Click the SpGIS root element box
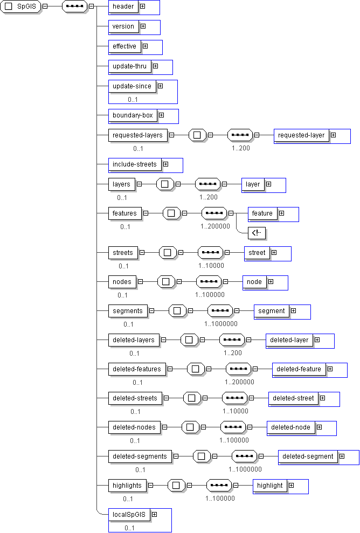click(21, 6)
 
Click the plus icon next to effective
click(145, 46)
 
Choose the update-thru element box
click(129, 66)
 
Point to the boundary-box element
click(133, 115)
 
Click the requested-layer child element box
click(301, 135)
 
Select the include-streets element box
click(134, 164)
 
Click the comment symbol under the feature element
click(258, 233)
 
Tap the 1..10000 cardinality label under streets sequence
click(211, 266)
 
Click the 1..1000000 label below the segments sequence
click(221, 324)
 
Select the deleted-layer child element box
click(289, 340)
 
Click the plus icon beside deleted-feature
click(330, 369)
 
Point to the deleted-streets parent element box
click(135, 398)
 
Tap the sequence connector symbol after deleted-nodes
click(233, 427)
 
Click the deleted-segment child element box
click(308, 456)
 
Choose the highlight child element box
click(269, 486)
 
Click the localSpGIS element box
click(129, 515)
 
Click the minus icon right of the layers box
click(139, 184)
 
